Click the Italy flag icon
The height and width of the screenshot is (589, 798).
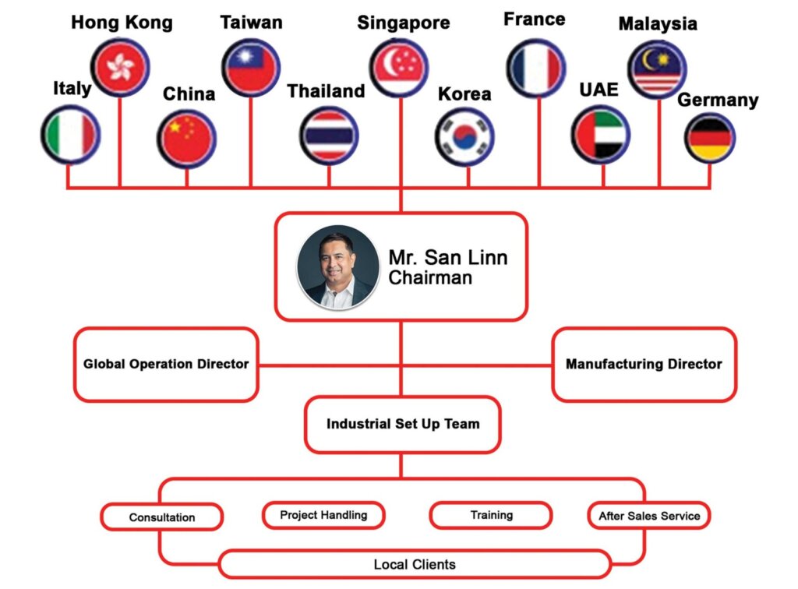point(70,135)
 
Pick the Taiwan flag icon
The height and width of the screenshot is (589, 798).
point(250,67)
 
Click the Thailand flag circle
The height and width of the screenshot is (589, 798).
point(328,136)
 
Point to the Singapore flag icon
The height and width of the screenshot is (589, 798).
point(399,67)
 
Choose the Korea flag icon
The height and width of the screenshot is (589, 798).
point(464,137)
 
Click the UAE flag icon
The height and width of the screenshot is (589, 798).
point(600,136)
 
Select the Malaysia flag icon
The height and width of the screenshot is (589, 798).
point(657,69)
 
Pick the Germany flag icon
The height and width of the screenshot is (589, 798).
point(710,136)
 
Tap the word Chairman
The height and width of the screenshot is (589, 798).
point(430,278)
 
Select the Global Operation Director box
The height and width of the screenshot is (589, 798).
point(166,364)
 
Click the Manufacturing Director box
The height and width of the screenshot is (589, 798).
point(644,364)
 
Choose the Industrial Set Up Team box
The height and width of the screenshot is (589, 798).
point(402,425)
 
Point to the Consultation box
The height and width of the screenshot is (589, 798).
point(162,517)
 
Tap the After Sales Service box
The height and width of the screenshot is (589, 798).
point(648,516)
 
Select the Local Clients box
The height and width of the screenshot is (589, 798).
point(414,564)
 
